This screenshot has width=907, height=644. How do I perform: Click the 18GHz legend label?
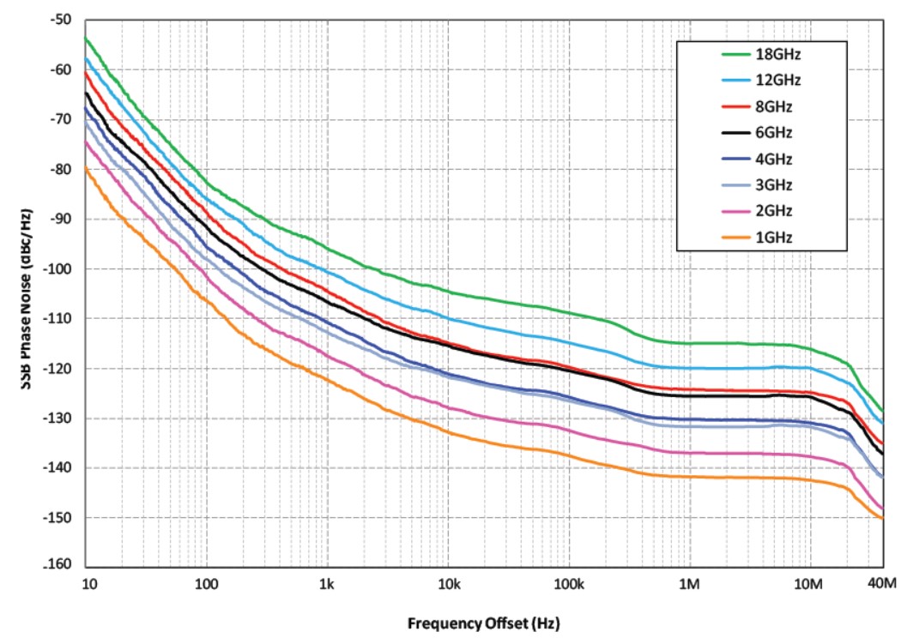pyautogui.click(x=778, y=55)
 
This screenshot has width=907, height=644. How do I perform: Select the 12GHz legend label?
pyautogui.click(x=778, y=81)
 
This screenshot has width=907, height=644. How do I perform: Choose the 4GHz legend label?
pyautogui.click(x=775, y=159)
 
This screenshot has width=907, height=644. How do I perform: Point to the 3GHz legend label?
pyautogui.click(x=775, y=185)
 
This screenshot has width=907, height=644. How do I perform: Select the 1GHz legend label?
pyautogui.click(x=775, y=237)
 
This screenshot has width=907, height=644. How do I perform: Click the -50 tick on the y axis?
pyautogui.click(x=62, y=20)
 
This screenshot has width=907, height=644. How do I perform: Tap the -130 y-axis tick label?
pyautogui.click(x=58, y=418)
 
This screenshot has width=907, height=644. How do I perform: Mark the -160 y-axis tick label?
pyautogui.click(x=58, y=567)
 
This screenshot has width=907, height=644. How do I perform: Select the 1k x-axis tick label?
pyautogui.click(x=326, y=585)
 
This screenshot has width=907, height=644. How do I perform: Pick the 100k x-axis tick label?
pyautogui.click(x=569, y=585)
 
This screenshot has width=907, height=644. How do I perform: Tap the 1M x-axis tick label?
pyautogui.click(x=690, y=585)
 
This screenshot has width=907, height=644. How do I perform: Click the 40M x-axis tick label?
pyautogui.click(x=881, y=585)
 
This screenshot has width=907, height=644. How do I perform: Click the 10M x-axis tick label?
pyautogui.click(x=810, y=585)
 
